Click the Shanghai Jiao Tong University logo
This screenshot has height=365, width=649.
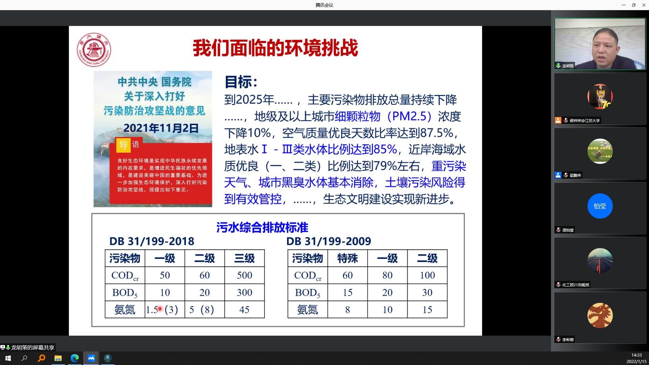tap(94, 50)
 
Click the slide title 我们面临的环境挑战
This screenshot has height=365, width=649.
tap(275, 48)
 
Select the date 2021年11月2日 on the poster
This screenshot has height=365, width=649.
tap(161, 128)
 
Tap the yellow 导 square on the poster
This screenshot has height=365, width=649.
tap(123, 145)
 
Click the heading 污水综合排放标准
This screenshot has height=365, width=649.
tap(262, 227)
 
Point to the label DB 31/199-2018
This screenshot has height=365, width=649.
tap(152, 241)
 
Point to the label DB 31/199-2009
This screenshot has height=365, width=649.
tap(329, 241)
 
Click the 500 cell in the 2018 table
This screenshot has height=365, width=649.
tap(244, 275)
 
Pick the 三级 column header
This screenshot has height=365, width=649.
tap(244, 259)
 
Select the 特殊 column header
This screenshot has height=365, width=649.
tap(347, 259)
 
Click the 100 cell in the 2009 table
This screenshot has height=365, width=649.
tap(427, 275)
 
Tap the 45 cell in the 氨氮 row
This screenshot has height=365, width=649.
tap(244, 310)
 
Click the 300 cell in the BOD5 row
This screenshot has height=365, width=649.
tap(244, 293)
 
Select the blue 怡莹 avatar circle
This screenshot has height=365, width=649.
tap(600, 206)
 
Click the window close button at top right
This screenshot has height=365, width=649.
tap(644, 5)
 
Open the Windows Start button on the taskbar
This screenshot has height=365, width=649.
tap(8, 358)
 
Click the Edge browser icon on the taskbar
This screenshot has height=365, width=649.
tap(74, 358)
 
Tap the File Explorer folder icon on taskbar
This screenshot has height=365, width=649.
tap(58, 358)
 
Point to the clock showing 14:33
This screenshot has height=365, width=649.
tap(636, 355)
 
